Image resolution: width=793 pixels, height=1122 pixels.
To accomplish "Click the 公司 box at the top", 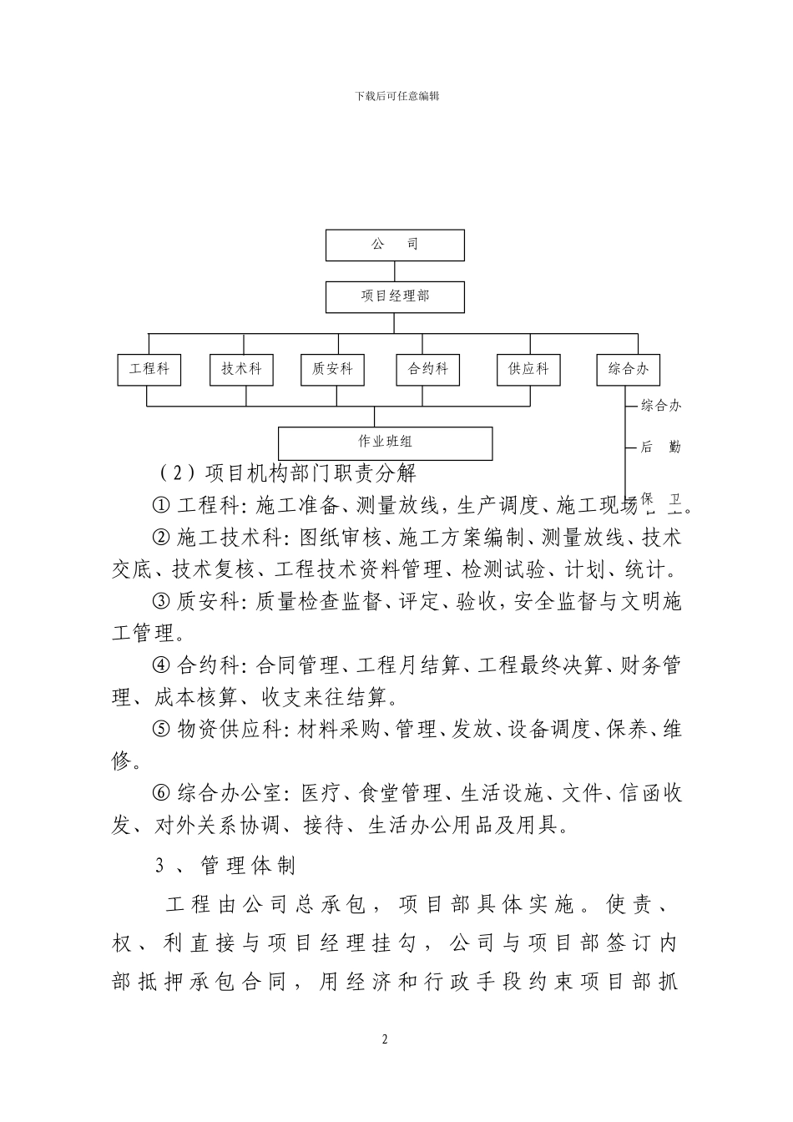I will (395, 245).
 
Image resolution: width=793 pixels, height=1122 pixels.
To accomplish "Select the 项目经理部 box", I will (395, 296).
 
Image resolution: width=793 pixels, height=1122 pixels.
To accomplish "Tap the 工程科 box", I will (149, 369).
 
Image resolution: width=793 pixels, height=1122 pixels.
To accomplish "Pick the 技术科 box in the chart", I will (241, 369).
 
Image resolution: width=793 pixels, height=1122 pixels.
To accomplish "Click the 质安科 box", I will (332, 369).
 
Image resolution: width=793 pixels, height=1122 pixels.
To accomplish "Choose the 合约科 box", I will (427, 369).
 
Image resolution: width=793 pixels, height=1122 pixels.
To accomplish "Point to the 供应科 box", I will (528, 369).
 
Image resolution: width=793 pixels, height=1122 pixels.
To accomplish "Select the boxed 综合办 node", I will (628, 369).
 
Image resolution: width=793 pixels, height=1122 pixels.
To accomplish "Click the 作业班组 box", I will (385, 442).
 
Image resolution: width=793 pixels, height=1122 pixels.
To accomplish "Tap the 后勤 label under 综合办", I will (660, 447).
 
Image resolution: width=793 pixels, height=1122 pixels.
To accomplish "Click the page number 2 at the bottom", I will (385, 1039).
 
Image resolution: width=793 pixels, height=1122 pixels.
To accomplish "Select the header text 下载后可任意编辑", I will (396, 96).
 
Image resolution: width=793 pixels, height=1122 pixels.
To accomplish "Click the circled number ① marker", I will (161, 506).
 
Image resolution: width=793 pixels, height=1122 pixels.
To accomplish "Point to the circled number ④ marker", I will (161, 665).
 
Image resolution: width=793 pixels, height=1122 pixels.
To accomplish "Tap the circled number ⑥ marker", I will (161, 793).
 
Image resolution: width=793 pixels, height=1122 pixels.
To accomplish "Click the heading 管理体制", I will (248, 866).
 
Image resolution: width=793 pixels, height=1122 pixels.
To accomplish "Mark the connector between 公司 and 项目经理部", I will (395, 271).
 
